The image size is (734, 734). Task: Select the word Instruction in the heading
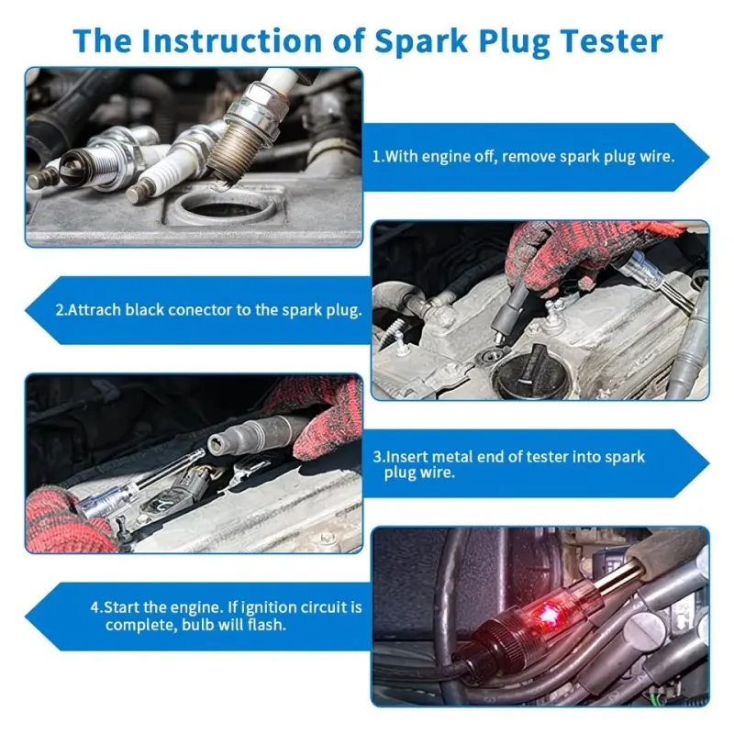click(x=232, y=40)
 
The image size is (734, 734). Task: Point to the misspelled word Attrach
click(x=95, y=310)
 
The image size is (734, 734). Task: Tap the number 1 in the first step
click(x=375, y=156)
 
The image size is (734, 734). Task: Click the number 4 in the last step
click(x=95, y=607)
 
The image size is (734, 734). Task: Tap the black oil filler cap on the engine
click(x=532, y=372)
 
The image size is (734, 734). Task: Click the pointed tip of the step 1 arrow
click(x=708, y=157)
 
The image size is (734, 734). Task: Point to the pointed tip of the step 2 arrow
click(x=26, y=310)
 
